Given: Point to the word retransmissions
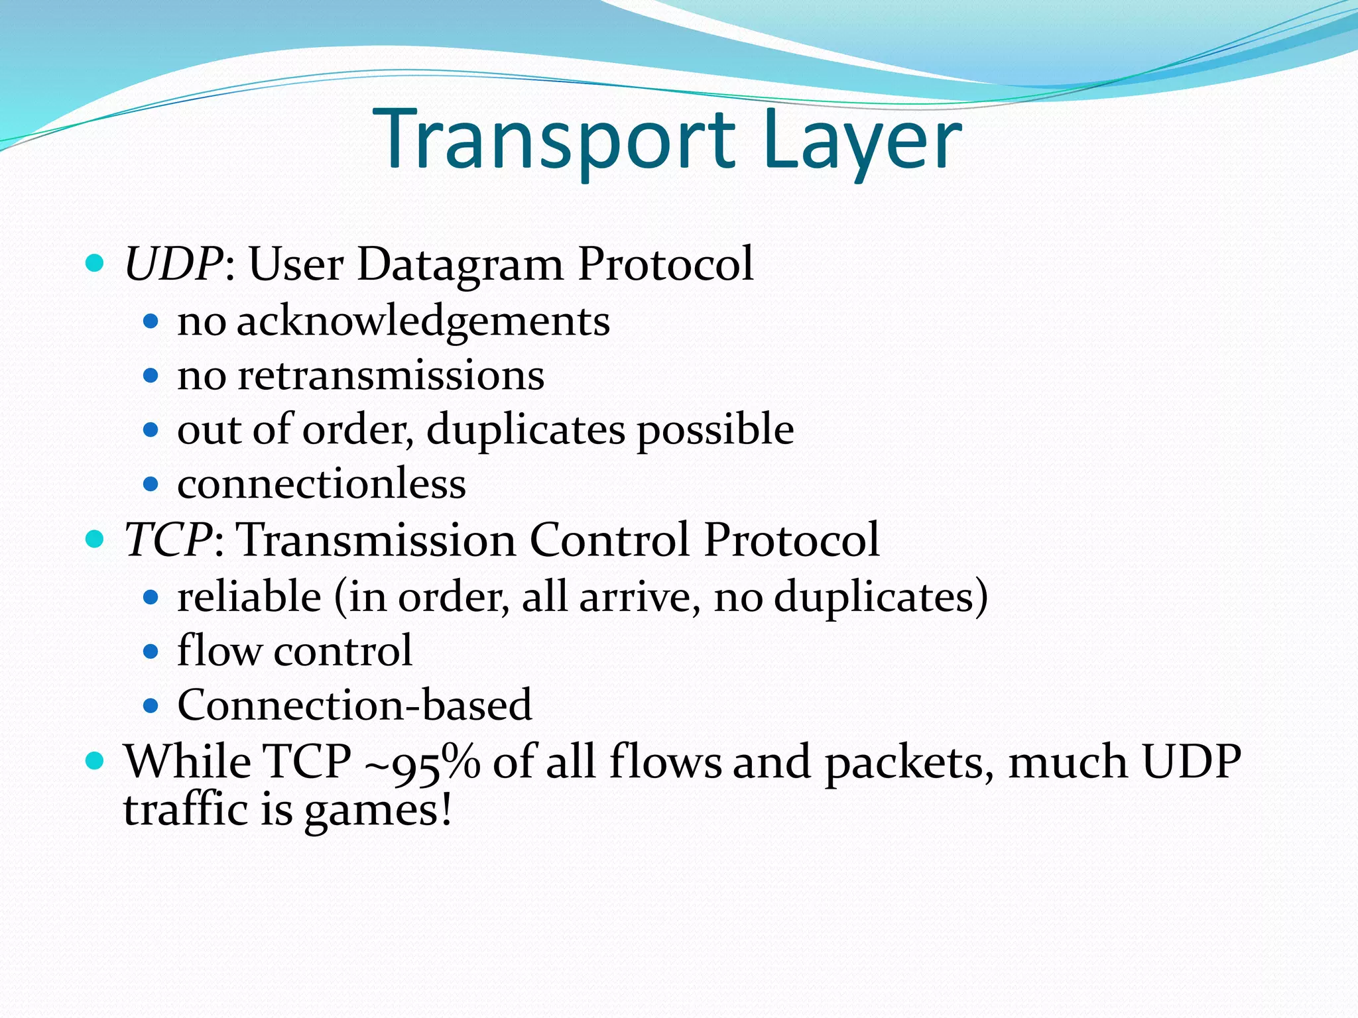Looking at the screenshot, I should (391, 376).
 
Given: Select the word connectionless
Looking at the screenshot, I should (322, 484).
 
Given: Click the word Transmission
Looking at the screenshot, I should (376, 539).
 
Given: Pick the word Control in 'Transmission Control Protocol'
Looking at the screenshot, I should (609, 539).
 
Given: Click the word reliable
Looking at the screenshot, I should (249, 596).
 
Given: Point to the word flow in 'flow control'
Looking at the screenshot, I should (219, 650).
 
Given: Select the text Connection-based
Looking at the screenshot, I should (355, 705).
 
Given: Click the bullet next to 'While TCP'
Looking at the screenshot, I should (95, 761).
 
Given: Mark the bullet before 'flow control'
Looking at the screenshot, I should (151, 651).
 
